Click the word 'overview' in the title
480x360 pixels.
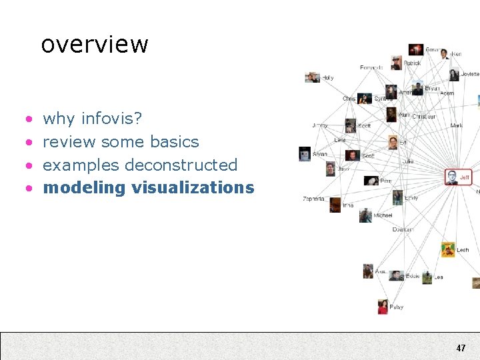click(95, 45)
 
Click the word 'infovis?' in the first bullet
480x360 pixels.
click(111, 119)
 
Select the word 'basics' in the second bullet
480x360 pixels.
click(175, 142)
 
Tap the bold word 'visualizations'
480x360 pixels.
click(193, 187)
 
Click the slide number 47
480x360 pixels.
click(461, 348)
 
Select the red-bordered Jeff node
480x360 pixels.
click(458, 177)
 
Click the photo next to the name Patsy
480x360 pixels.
click(383, 307)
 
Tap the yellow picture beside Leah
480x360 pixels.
click(448, 249)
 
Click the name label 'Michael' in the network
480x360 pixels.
click(383, 215)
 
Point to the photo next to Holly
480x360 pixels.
click(313, 77)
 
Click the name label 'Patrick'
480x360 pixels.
click(412, 63)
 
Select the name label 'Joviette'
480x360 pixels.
click(469, 74)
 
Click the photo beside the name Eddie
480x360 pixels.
click(397, 275)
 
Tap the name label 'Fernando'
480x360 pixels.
click(371, 67)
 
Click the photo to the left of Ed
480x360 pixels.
click(393, 142)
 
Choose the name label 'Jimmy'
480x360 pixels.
click(320, 125)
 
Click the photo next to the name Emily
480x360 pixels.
click(398, 197)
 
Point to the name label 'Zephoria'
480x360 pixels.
click(313, 199)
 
